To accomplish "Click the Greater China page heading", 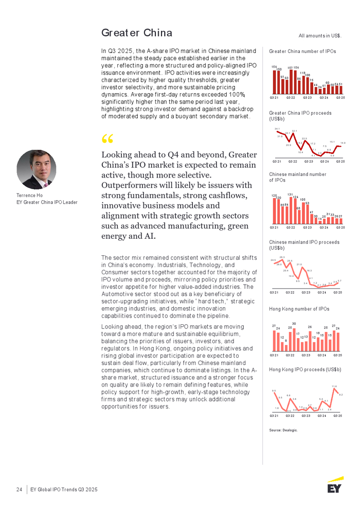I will click(136, 33).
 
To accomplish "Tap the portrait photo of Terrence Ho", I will click(36, 169).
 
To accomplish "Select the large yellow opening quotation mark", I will click(107, 139).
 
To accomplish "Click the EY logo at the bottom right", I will click(335, 485).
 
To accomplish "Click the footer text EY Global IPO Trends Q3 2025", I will click(64, 489).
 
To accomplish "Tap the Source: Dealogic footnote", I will click(283, 430).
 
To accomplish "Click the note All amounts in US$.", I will click(320, 36).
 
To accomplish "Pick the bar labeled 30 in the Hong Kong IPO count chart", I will click(294, 338).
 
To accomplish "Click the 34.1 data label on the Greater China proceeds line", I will click(277, 128).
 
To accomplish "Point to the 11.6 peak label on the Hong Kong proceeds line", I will click(334, 385).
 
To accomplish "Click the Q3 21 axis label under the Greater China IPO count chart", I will click(274, 97).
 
